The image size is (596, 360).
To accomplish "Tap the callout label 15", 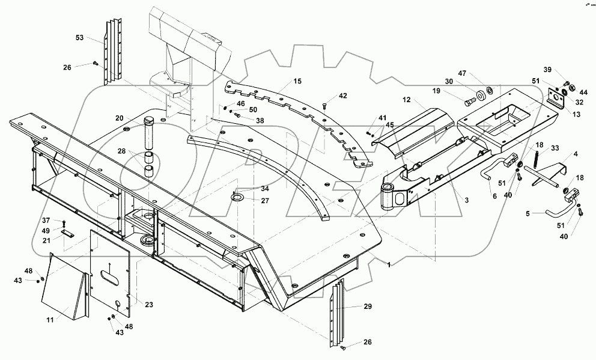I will [297, 81].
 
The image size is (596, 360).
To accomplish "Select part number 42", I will [342, 96].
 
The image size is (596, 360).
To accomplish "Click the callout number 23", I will [148, 305].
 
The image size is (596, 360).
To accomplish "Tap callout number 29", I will [367, 307].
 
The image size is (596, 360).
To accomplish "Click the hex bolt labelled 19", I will [468, 100].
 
